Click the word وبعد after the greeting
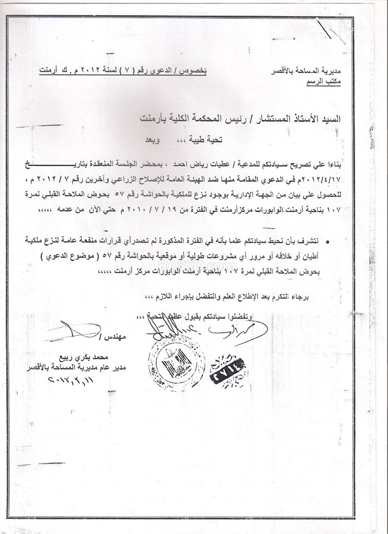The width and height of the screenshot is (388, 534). pyautogui.click(x=164, y=139)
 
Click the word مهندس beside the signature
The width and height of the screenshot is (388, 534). pyautogui.click(x=120, y=336)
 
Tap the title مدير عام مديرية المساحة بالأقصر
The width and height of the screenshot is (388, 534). pyautogui.click(x=65, y=368)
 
